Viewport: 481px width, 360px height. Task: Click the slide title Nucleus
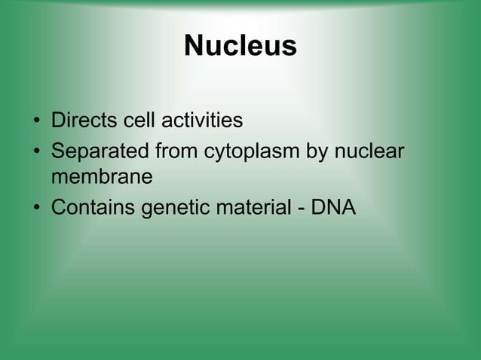coord(240,47)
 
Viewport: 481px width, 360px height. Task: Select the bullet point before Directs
coord(35,121)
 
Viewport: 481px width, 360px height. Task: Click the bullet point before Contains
coord(35,207)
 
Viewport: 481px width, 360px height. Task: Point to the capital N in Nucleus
coord(195,47)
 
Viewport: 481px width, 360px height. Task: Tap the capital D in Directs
coord(57,121)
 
